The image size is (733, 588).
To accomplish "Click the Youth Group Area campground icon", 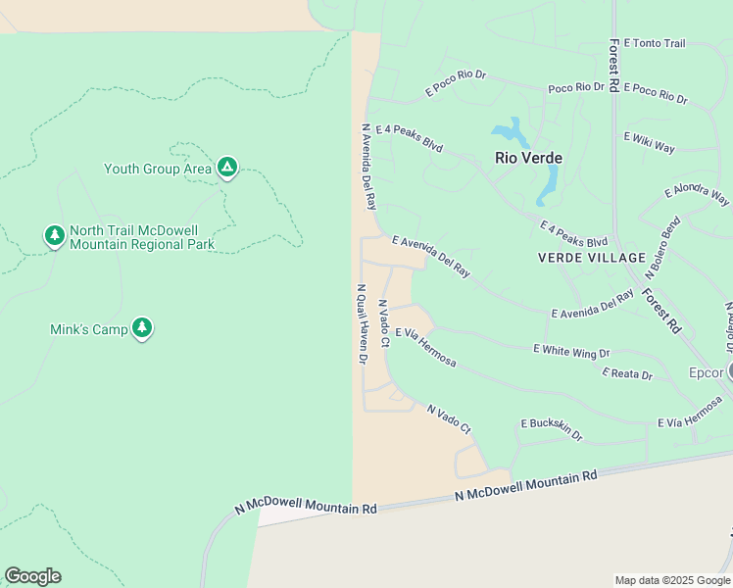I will (x=227, y=168).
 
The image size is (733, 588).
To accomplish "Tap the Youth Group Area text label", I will (x=158, y=169).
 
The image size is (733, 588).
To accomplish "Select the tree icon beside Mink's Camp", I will (x=142, y=328).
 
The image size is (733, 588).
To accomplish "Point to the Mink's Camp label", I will (x=89, y=329).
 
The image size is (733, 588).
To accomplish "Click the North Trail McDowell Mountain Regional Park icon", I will (x=55, y=235).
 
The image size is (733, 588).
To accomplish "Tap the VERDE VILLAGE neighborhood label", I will (x=592, y=258).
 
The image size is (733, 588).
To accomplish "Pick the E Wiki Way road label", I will (x=650, y=142).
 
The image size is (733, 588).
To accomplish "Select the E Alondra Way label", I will (x=697, y=194).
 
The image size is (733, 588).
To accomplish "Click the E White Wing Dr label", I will (x=571, y=350).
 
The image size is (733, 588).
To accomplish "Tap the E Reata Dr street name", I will (x=627, y=373).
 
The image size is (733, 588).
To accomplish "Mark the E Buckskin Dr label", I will (x=551, y=429).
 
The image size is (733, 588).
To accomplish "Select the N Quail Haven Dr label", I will (x=362, y=324).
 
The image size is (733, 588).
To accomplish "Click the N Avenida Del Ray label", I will (x=369, y=167).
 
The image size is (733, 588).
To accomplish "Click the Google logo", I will (x=32, y=576).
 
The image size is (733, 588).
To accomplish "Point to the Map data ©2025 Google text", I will (x=671, y=580).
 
